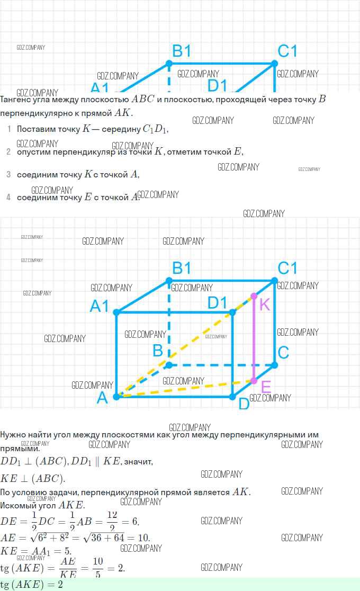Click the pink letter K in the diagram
[x=265, y=305]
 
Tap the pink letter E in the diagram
[x=266, y=387]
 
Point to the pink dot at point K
[x=254, y=296]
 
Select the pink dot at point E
[x=254, y=381]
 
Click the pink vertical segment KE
[x=254, y=339]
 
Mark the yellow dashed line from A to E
[x=185, y=388]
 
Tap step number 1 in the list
[x=8, y=129]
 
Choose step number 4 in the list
[x=8, y=197]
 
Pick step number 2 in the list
[x=8, y=151]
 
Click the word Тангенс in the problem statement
[x=18, y=100]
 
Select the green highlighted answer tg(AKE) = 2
[x=32, y=585]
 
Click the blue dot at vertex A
[x=116, y=396]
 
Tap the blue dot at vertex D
[x=232, y=396]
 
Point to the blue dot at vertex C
[x=275, y=365]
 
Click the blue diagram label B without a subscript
[x=157, y=351]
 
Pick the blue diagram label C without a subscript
[x=283, y=352]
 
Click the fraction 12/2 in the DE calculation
[x=112, y=522]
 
